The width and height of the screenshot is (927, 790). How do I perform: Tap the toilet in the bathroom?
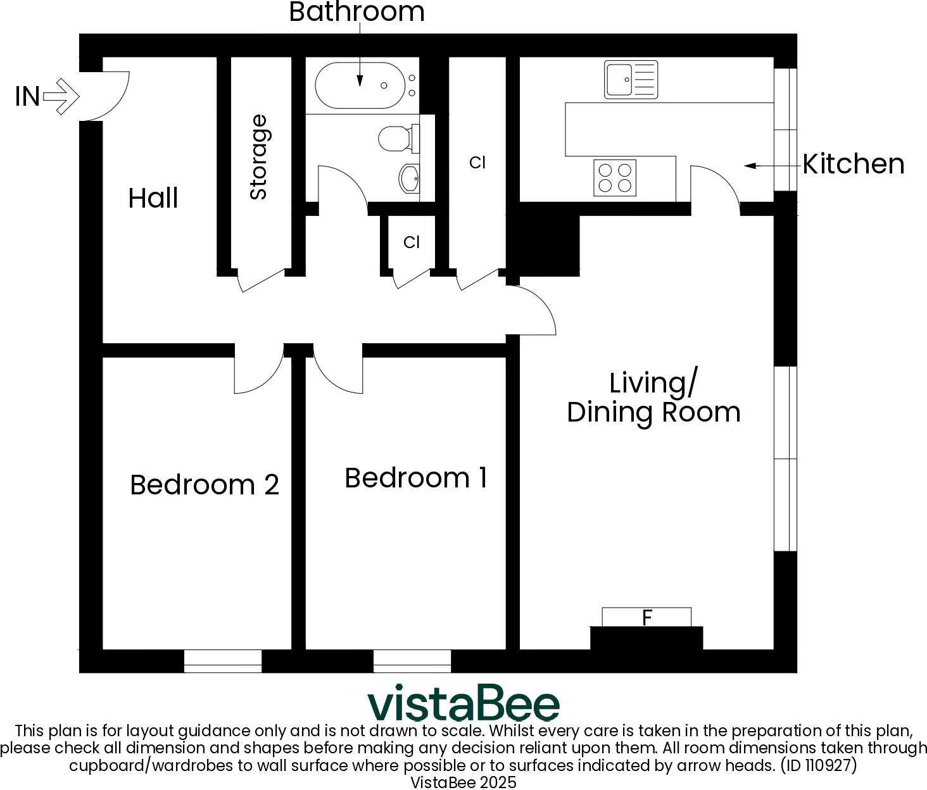[x=397, y=138]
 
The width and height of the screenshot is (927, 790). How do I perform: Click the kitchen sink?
[x=631, y=80]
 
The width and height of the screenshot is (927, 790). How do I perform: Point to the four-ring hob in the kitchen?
[x=615, y=178]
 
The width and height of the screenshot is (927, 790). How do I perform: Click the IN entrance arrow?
[x=61, y=96]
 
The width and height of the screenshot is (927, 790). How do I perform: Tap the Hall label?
[x=153, y=198]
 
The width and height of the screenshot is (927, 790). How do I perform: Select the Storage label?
[x=258, y=157]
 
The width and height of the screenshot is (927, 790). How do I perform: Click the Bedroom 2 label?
[x=204, y=485]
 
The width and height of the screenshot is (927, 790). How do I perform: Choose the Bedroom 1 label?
[x=416, y=478]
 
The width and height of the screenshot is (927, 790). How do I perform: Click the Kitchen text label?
[x=853, y=164]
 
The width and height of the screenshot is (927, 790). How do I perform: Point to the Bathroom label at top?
[x=356, y=12]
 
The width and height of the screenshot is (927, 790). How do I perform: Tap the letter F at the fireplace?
[x=646, y=617]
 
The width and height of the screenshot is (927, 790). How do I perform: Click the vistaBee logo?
[x=463, y=703]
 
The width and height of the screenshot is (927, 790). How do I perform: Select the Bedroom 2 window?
[x=223, y=660]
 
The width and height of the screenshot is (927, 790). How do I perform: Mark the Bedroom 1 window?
[x=412, y=660]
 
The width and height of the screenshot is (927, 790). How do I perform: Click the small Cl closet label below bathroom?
[x=412, y=242]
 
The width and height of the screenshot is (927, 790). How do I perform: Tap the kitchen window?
[x=785, y=129]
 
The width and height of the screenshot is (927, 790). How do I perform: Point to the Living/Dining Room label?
[x=653, y=398]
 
